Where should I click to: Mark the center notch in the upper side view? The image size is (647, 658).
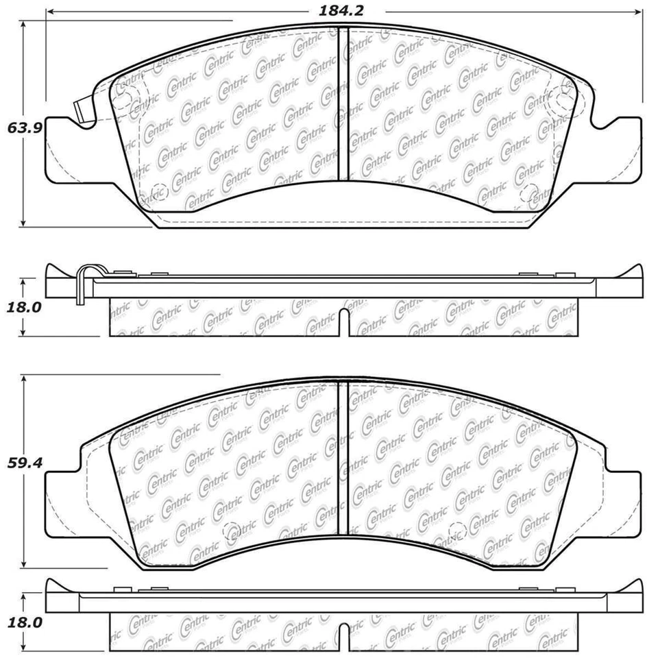click(344, 323)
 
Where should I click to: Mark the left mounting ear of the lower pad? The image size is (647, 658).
click(62, 504)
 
